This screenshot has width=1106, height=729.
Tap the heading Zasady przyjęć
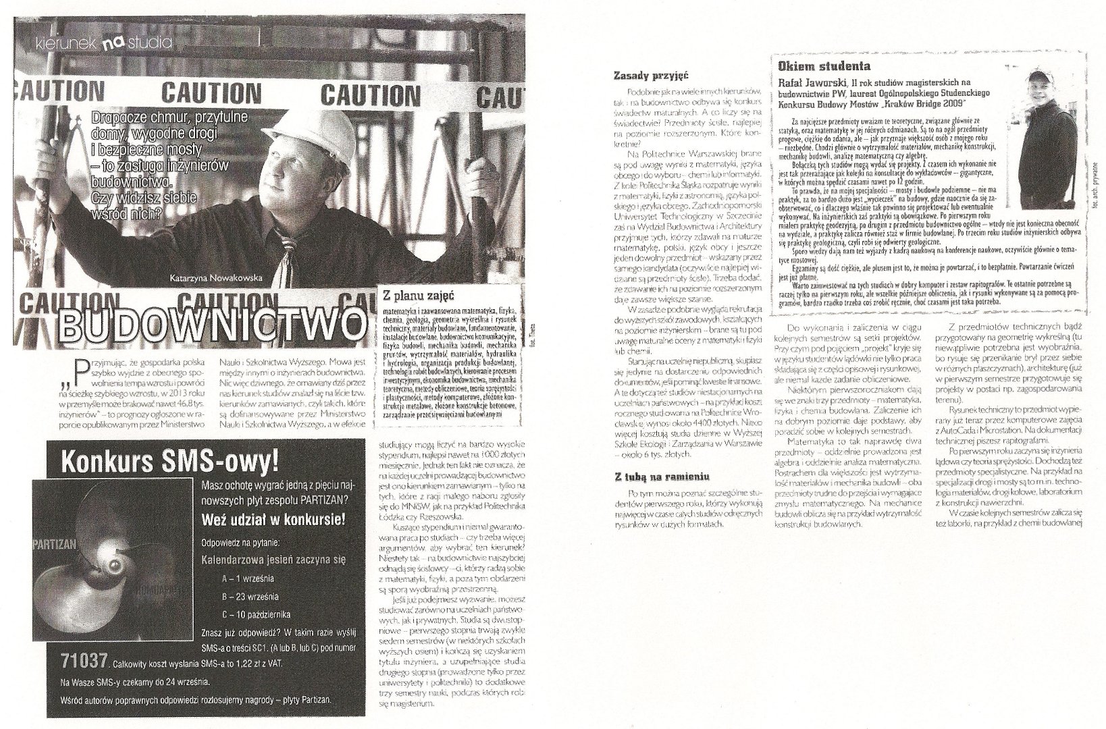(x=651, y=76)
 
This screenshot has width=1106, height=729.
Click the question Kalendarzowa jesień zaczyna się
(x=273, y=559)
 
